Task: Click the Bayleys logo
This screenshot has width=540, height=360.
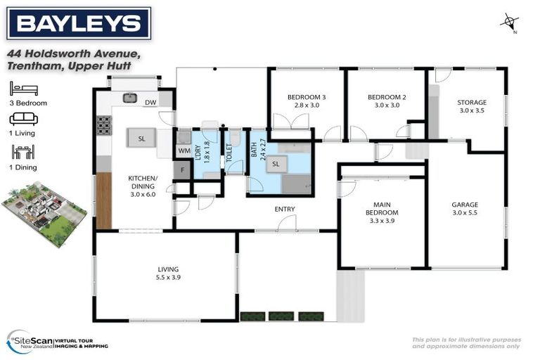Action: click(79, 24)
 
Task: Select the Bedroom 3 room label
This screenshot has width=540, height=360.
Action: click(306, 101)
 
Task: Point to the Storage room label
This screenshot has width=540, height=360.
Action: click(472, 105)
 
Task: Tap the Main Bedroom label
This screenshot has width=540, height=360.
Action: click(382, 212)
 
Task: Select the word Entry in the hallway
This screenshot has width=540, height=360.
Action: click(285, 209)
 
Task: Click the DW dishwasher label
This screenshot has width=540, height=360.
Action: click(150, 103)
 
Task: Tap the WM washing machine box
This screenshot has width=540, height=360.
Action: click(184, 150)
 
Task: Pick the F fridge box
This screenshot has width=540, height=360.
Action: click(182, 170)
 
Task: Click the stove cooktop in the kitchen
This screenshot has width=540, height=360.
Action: click(104, 125)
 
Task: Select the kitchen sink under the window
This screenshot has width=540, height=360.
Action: click(131, 98)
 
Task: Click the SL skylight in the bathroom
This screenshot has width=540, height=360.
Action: click(276, 164)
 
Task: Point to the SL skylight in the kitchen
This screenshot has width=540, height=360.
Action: click(141, 139)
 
